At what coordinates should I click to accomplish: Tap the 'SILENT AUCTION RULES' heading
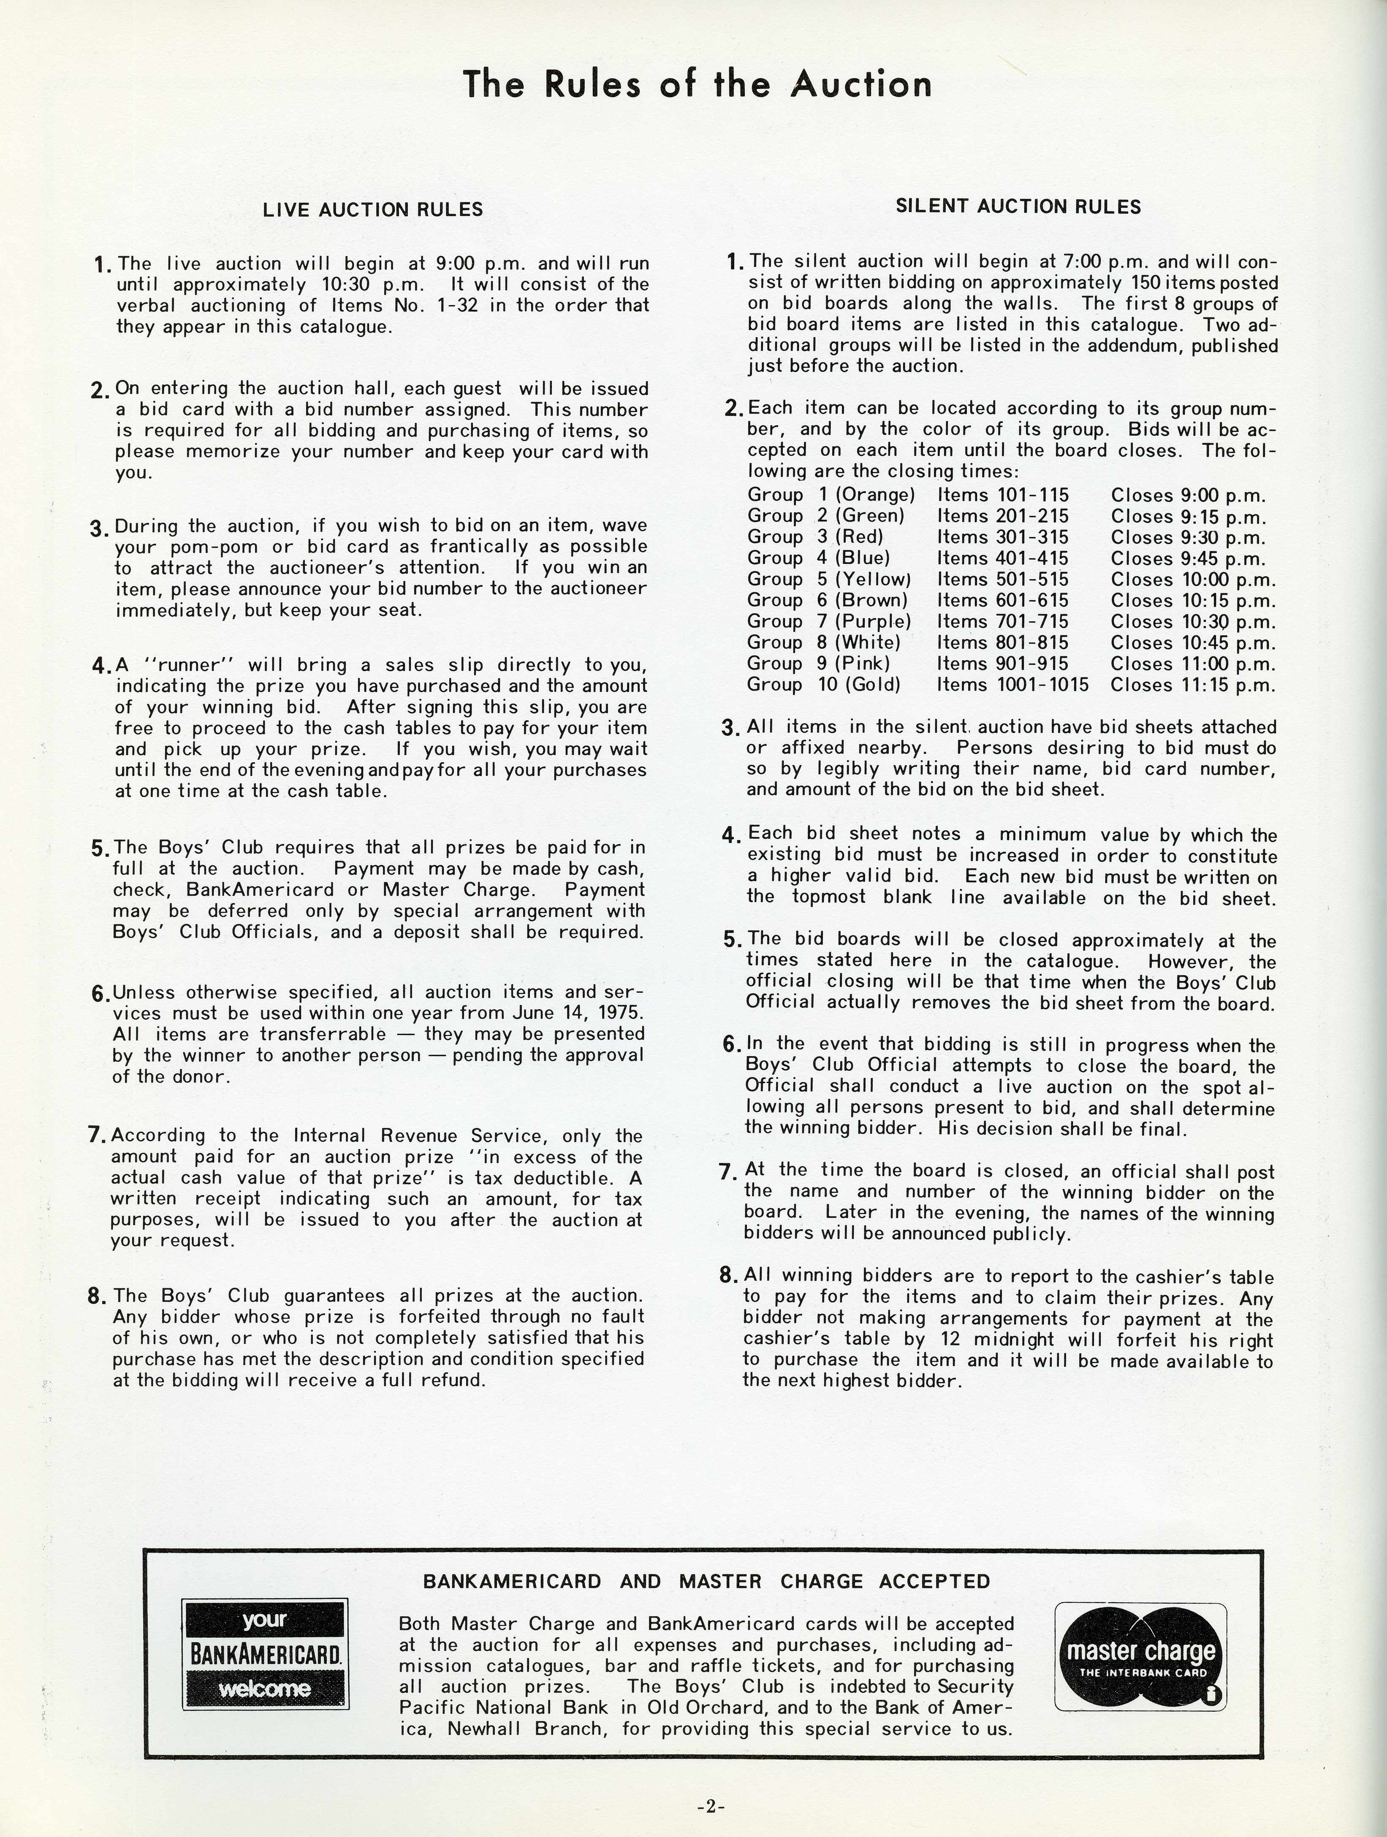[1018, 207]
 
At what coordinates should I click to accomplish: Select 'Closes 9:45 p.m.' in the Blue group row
[1189, 558]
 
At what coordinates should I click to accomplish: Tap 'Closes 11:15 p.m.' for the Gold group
[1193, 684]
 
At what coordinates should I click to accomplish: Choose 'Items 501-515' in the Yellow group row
[1002, 579]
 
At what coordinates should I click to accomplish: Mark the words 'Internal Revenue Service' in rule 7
[418, 1135]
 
